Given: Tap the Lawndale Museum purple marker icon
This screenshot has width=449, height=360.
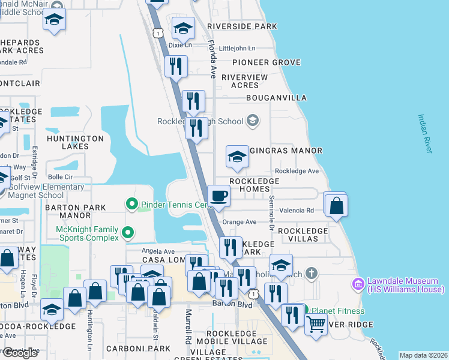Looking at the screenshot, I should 358,283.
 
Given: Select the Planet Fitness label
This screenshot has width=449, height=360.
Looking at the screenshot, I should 335,311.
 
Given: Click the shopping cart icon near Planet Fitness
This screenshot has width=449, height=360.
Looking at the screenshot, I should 316,325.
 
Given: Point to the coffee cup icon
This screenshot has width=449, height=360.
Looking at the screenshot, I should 219,196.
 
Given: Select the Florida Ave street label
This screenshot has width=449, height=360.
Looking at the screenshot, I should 212,59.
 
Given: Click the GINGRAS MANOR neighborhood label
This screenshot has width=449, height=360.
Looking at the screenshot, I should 293,151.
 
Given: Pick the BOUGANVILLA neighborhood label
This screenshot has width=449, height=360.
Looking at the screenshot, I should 276,98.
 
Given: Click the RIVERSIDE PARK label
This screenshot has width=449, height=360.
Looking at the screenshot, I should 242,26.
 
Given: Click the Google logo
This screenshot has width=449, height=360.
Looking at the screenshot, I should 20,353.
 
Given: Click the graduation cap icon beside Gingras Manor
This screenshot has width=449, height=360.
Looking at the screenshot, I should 237,157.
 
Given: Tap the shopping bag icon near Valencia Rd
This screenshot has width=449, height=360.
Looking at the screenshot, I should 336,205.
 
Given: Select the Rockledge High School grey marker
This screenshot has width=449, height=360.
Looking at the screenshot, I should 253,121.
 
